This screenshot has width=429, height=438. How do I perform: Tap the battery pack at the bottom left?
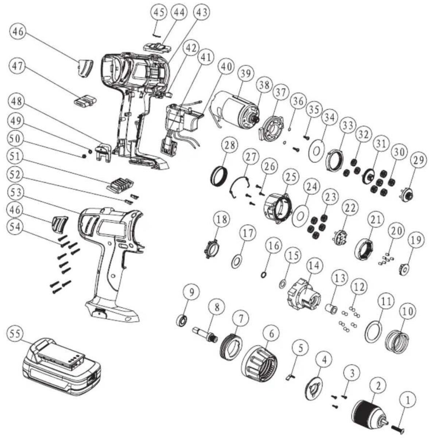click(x=61, y=370)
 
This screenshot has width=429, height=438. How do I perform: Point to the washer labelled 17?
click(x=237, y=261)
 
